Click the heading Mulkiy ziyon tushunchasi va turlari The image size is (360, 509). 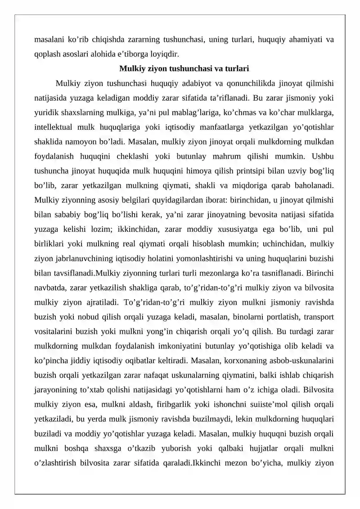click(184, 69)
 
